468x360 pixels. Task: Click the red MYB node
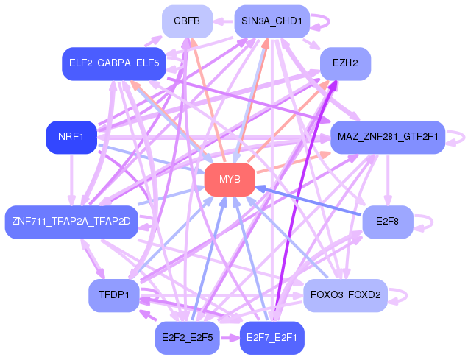(x=230, y=180)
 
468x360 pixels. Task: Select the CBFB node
(x=187, y=21)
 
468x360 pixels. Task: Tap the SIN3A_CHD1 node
(x=272, y=21)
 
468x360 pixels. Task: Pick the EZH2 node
(x=345, y=63)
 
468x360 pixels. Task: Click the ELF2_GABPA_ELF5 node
(x=113, y=63)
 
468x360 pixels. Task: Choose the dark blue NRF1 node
(x=71, y=137)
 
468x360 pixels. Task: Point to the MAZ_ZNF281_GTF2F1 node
(x=387, y=137)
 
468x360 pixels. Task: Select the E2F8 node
(x=387, y=221)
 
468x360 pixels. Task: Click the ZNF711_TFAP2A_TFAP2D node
(x=71, y=221)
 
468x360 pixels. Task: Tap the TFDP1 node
(x=113, y=295)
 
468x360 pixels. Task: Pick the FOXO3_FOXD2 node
(x=345, y=295)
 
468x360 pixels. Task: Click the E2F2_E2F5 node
(x=187, y=338)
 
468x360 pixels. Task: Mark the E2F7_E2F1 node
(x=272, y=338)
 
